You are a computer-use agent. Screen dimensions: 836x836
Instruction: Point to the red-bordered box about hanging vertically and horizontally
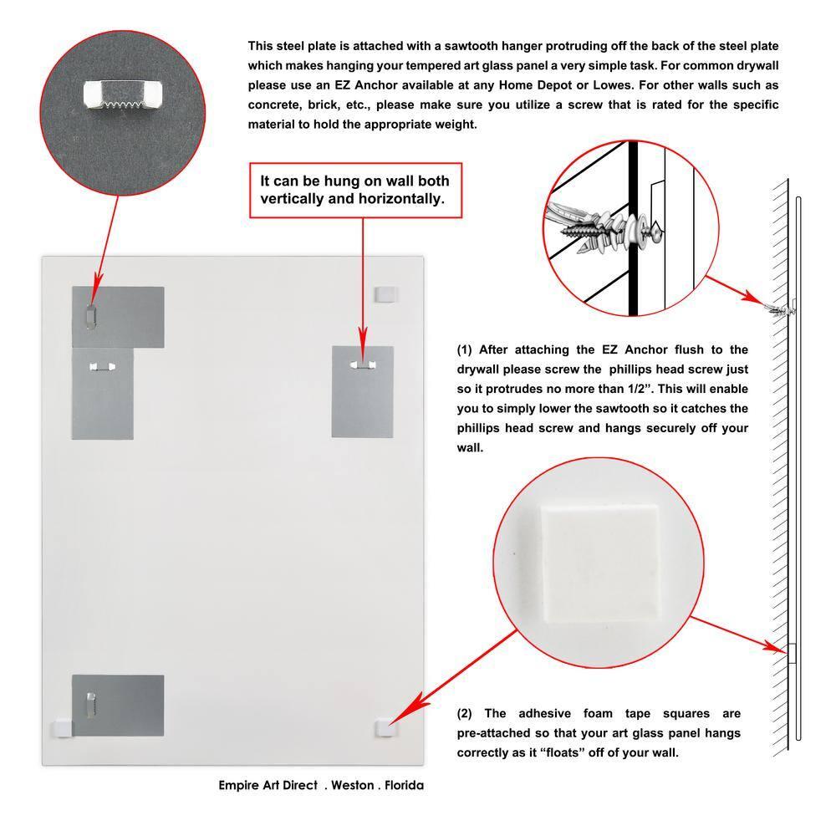[x=354, y=191]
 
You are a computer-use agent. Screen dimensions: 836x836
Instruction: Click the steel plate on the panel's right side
[x=362, y=391]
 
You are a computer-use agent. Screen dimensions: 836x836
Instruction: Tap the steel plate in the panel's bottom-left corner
[x=118, y=705]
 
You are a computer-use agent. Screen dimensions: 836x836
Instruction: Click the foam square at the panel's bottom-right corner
[x=385, y=727]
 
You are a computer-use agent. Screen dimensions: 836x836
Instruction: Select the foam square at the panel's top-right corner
[x=385, y=293]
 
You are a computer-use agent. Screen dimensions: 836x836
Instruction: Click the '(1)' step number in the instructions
[x=465, y=349]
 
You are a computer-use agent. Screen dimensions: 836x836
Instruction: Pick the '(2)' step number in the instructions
[x=465, y=713]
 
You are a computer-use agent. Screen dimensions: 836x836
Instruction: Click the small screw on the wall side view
[x=779, y=311]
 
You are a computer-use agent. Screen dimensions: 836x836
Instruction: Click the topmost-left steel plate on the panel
[x=118, y=316]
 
